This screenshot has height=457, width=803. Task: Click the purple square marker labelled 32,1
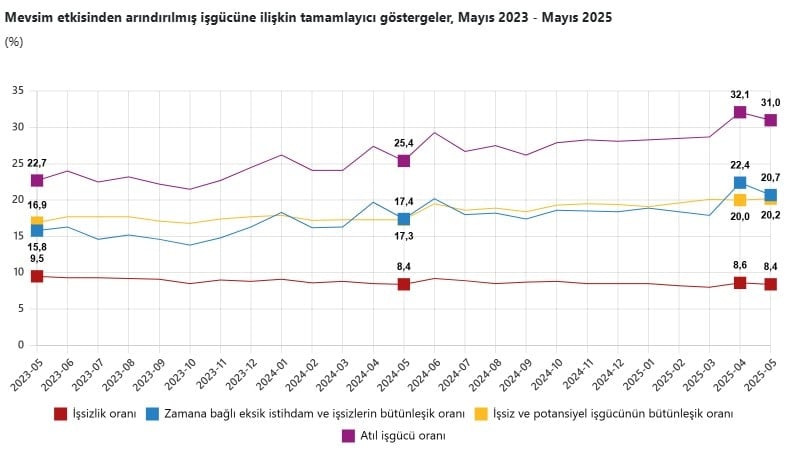pos(740,113)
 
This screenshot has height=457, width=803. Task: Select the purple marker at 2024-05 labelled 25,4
pos(404,160)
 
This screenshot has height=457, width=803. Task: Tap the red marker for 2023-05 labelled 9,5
pos(37,276)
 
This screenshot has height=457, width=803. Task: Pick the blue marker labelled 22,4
pos(740,183)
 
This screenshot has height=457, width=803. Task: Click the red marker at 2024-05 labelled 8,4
pos(404,284)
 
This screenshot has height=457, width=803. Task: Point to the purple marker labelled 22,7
pos(37,180)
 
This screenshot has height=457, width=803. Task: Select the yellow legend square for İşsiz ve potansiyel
pos(481,413)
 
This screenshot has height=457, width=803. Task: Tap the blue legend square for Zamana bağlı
pos(153,413)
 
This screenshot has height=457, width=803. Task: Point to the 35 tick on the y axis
pos(18,91)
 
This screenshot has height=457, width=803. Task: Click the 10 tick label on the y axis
pos(18,272)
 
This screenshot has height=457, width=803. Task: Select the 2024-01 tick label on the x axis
pos(281,375)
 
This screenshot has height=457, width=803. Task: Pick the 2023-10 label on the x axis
pos(189,375)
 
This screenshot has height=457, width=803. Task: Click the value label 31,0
pos(770,103)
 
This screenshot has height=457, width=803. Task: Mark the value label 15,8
pos(36,246)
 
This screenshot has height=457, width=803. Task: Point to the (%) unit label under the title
pos(14,42)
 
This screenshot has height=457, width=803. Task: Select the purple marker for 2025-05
pos(771,120)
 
